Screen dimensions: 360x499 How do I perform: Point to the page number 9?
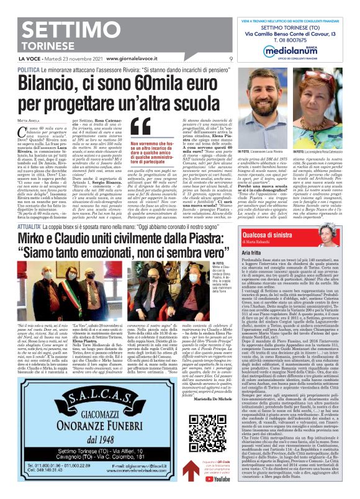point(231,59)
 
